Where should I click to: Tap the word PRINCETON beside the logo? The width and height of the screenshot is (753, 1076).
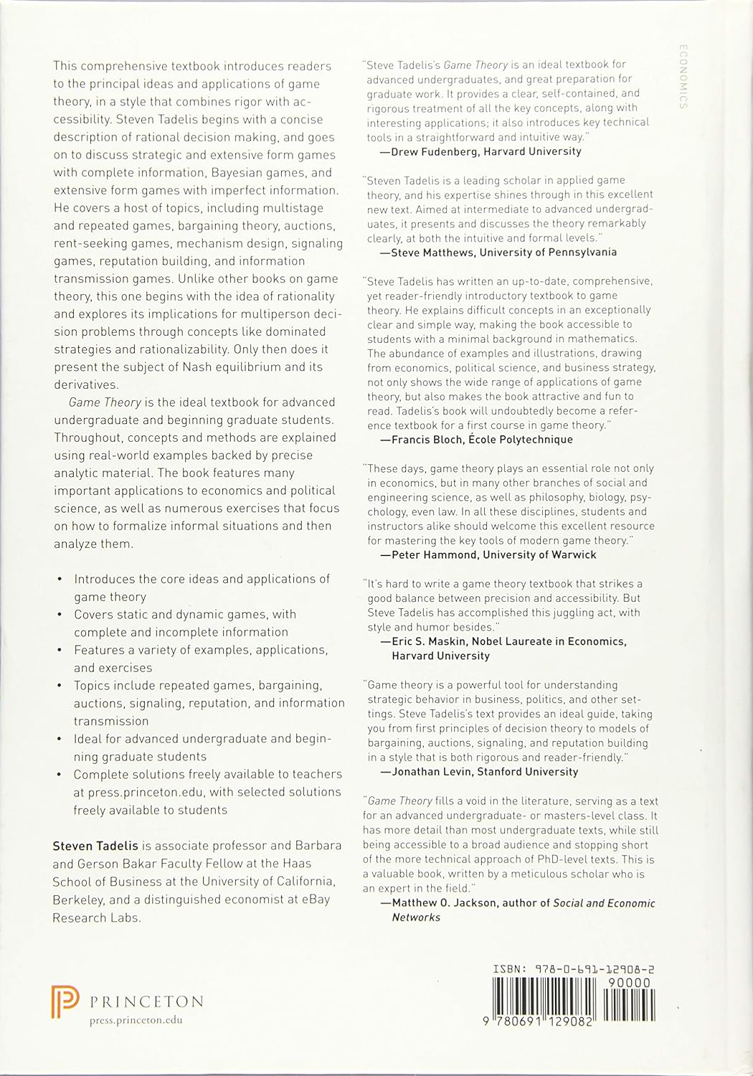tap(147, 1001)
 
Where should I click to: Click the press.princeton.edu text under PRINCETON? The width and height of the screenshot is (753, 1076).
tap(136, 1020)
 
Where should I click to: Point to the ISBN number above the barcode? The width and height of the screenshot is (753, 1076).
tap(574, 969)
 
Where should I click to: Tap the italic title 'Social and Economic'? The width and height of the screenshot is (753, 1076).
tap(604, 902)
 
